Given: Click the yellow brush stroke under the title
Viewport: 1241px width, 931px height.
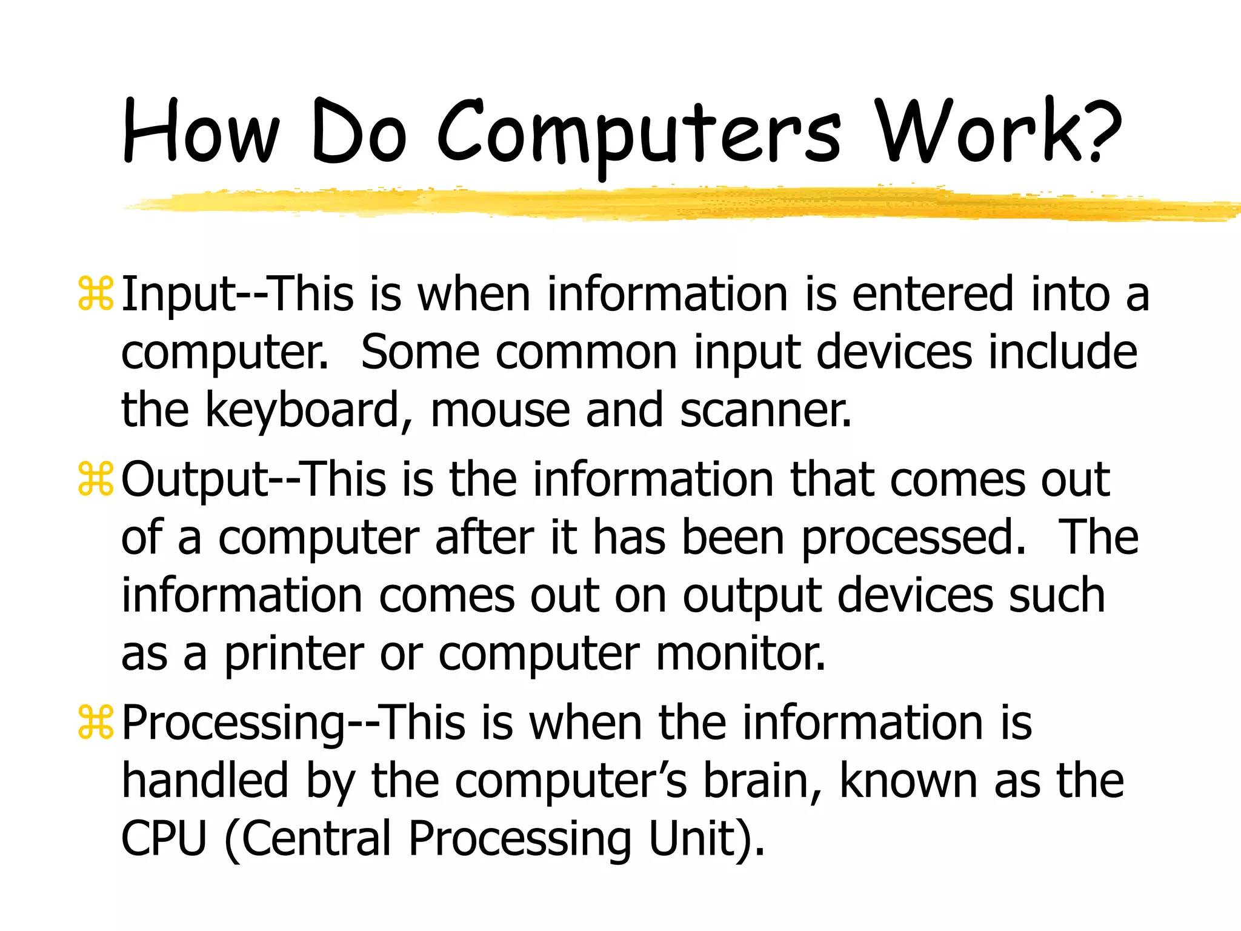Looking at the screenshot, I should (667, 204).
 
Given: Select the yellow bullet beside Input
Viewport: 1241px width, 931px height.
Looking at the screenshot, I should (96, 294).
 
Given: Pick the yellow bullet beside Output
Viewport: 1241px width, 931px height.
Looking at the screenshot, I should (96, 479).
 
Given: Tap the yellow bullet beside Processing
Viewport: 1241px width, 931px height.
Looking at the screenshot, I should (96, 722).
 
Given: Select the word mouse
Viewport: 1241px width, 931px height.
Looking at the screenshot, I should (500, 411).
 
